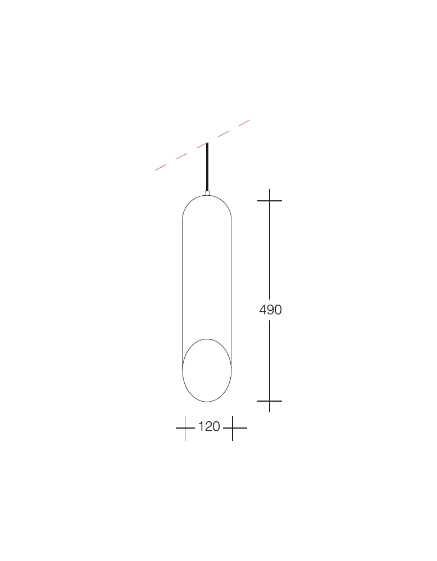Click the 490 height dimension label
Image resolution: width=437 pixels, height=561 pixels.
pyautogui.click(x=270, y=310)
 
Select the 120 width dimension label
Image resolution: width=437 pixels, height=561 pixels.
pyautogui.click(x=208, y=427)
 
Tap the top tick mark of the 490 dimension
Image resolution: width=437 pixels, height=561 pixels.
pyautogui.click(x=270, y=200)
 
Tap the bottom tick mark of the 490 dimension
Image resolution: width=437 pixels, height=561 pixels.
pyautogui.click(x=270, y=401)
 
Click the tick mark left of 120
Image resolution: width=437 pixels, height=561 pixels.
pyautogui.click(x=185, y=428)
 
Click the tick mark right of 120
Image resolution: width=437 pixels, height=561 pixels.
pyautogui.click(x=233, y=428)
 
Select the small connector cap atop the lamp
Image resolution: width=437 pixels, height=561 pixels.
pyautogui.click(x=207, y=193)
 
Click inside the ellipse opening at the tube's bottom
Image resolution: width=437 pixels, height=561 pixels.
pyautogui.click(x=207, y=370)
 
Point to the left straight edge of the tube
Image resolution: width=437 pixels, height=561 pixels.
pyautogui.click(x=183, y=280)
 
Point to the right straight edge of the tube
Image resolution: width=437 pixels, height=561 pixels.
pyautogui.click(x=231, y=280)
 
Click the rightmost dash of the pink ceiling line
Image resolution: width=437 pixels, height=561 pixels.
pyautogui.click(x=244, y=122)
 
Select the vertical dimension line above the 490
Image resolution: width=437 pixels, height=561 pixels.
pyautogui.click(x=270, y=252)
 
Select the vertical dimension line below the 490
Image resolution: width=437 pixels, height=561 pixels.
pyautogui.click(x=270, y=359)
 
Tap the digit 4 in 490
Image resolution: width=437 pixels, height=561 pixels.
pyautogui.click(x=263, y=310)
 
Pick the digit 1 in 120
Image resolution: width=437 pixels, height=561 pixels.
pyautogui.click(x=201, y=427)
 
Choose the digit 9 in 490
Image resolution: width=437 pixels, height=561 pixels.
pyautogui.click(x=270, y=310)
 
